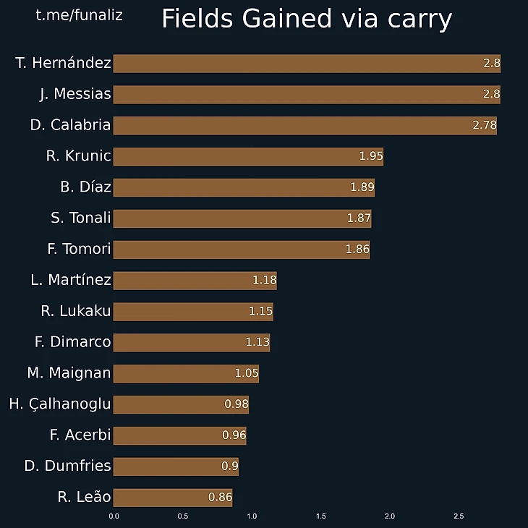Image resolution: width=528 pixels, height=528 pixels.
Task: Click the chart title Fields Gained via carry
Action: point(307,20)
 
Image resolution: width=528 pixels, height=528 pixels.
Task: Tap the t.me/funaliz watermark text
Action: point(79,14)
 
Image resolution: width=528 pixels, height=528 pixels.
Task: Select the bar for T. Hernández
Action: point(307,64)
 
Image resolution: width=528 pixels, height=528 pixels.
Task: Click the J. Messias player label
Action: point(75,94)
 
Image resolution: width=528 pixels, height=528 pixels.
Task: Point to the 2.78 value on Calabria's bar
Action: point(485,125)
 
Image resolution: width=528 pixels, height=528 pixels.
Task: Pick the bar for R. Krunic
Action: point(248,156)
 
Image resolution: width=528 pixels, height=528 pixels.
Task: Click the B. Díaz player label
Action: point(85,187)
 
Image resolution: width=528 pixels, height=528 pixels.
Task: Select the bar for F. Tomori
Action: point(242,250)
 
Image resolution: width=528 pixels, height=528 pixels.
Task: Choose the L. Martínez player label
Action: point(71,280)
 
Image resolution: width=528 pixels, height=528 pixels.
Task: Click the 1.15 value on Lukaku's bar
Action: point(260,312)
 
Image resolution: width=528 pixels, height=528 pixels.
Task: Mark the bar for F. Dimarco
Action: point(192,342)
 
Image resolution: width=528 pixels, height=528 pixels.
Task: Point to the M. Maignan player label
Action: point(69,373)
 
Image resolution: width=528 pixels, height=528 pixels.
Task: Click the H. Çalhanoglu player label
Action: point(60,404)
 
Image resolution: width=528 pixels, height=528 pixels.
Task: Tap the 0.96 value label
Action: point(234,435)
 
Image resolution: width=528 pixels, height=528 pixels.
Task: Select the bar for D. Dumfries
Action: point(176,467)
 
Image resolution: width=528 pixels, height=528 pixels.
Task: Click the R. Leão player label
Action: point(84,498)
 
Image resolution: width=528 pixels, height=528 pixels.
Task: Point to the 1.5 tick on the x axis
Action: point(320,516)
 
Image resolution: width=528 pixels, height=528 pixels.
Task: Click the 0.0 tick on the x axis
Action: point(114,516)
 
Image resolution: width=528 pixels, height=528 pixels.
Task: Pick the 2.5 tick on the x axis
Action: point(459,516)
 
